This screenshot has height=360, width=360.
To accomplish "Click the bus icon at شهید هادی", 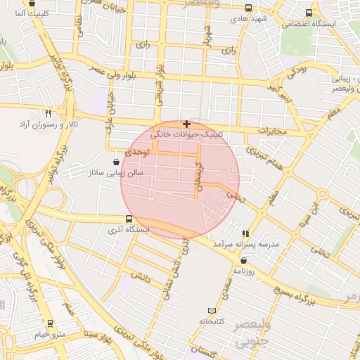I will point(248,8).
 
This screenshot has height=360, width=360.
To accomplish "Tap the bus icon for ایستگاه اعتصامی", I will point(309,13).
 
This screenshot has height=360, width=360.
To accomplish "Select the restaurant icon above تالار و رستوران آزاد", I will point(49,113).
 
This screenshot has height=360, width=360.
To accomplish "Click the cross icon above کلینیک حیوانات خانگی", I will point(186,124).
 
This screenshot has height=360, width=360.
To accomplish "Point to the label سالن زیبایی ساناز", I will point(115,172).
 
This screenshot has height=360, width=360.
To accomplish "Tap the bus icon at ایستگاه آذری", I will point(128,219).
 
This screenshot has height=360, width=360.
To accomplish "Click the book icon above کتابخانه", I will point(213,311).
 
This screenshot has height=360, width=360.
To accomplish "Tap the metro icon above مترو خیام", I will point(50,323).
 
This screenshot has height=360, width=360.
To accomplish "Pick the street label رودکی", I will point(298,72).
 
